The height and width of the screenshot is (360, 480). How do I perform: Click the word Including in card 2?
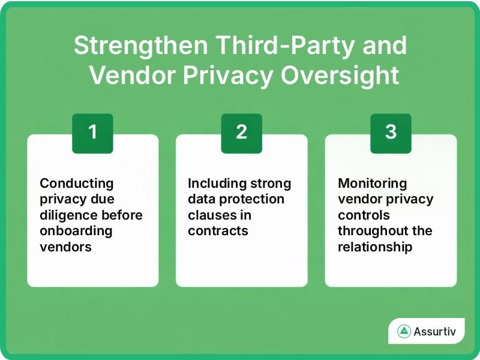click(x=214, y=183)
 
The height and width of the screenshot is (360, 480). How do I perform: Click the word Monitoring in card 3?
click(x=372, y=183)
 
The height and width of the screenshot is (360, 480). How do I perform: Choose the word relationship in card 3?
click(x=375, y=247)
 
